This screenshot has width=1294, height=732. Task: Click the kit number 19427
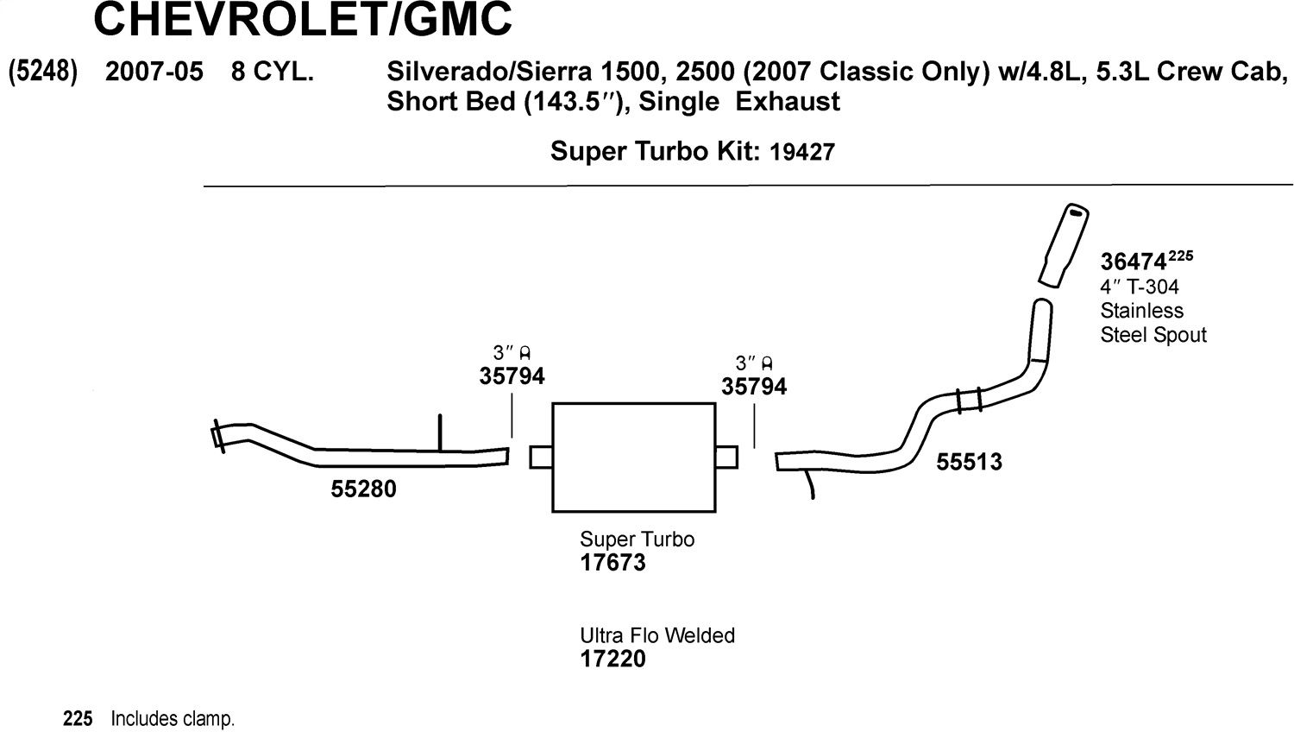coord(802,152)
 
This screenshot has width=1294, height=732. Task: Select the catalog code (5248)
coord(43,72)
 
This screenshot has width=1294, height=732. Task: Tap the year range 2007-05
coord(154,72)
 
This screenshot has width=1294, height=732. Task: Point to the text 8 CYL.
coord(273,72)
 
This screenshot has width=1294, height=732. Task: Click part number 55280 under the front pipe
coord(363,489)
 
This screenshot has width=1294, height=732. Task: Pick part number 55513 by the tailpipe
coord(969,462)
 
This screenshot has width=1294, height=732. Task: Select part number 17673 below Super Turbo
coord(612,563)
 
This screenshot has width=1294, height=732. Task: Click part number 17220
coord(612,659)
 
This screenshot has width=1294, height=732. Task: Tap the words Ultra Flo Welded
coord(657,635)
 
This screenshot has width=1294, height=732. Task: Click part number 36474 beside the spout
coord(1133,262)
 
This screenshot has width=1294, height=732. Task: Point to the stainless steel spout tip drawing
coord(1064,245)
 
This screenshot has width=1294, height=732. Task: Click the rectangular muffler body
coord(634,457)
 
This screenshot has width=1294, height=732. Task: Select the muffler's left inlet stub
coord(541,457)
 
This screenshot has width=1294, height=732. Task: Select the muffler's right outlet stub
coord(726,457)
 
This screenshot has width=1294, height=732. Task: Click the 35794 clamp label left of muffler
coord(512,376)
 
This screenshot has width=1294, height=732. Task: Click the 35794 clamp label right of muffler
coord(754,387)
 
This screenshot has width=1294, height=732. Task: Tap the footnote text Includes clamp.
coord(173,719)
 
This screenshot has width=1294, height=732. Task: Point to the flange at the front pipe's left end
coord(217,437)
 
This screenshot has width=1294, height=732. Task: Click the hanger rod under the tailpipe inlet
coord(810,484)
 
